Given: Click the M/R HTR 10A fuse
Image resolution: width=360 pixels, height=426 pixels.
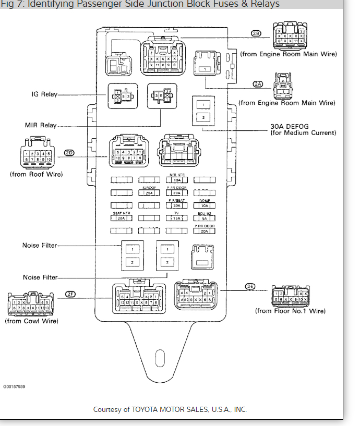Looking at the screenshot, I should click(176, 180).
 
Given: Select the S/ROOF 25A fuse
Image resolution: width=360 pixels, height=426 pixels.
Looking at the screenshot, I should click(149, 192).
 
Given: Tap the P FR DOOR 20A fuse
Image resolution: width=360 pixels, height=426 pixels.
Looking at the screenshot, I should click(176, 192).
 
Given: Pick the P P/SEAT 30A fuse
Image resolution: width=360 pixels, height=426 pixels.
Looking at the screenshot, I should click(176, 205).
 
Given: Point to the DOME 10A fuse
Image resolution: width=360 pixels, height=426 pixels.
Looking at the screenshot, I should click(205, 205).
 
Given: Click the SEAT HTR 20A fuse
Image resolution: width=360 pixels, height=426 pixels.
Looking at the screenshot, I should click(121, 218).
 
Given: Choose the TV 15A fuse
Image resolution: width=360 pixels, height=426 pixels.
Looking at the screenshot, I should click(176, 218).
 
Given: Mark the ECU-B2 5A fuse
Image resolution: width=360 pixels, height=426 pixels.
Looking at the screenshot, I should click(205, 218).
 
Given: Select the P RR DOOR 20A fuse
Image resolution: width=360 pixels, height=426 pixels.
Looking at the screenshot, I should click(205, 231).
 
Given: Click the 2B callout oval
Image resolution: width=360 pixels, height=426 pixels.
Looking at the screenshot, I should click(256, 33).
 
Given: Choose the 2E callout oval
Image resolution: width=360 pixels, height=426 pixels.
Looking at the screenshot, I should click(251, 286).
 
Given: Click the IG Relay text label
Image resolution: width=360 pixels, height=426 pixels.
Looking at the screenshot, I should click(43, 95).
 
